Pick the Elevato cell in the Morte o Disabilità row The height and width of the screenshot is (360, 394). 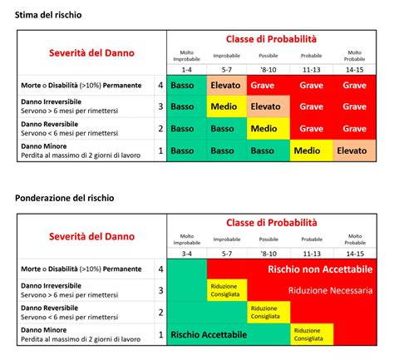click(226, 85)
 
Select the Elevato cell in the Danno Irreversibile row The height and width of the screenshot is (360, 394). click(266, 106)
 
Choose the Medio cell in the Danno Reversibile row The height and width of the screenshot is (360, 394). click(266, 129)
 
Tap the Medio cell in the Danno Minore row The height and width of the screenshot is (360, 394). click(309, 150)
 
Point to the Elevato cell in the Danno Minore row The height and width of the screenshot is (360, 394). click(352, 150)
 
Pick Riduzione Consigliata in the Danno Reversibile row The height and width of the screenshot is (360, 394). click(267, 312)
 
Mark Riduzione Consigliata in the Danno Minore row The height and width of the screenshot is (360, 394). click(310, 333)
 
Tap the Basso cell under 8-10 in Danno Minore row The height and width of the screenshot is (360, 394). click(266, 150)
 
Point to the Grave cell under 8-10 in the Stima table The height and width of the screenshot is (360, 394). click(266, 85)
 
